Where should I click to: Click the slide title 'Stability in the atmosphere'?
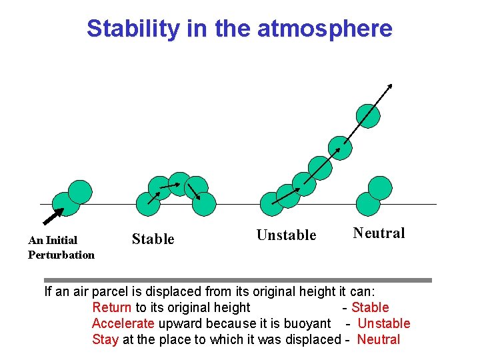[x=239, y=29]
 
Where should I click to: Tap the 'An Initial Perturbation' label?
[x=61, y=247]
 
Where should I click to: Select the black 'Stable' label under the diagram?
[x=153, y=239]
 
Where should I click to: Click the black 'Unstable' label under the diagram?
[x=286, y=235]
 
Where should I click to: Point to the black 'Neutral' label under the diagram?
[x=379, y=233]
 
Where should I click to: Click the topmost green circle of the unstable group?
[x=368, y=115]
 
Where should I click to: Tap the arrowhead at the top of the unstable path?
[x=390, y=86]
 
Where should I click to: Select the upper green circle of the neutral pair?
[x=380, y=188]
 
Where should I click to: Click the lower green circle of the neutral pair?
[x=368, y=203]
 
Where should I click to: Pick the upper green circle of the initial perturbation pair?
[x=80, y=192]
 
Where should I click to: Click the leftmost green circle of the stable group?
[x=147, y=203]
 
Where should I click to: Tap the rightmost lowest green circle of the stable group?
[x=204, y=204]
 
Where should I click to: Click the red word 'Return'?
[x=112, y=307]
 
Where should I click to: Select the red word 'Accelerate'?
[x=123, y=323]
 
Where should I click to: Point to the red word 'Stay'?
[x=105, y=339]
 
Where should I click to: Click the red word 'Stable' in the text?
[x=370, y=307]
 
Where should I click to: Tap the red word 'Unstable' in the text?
[x=384, y=323]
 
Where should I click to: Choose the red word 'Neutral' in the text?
[x=379, y=339]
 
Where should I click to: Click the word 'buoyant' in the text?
[x=308, y=323]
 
